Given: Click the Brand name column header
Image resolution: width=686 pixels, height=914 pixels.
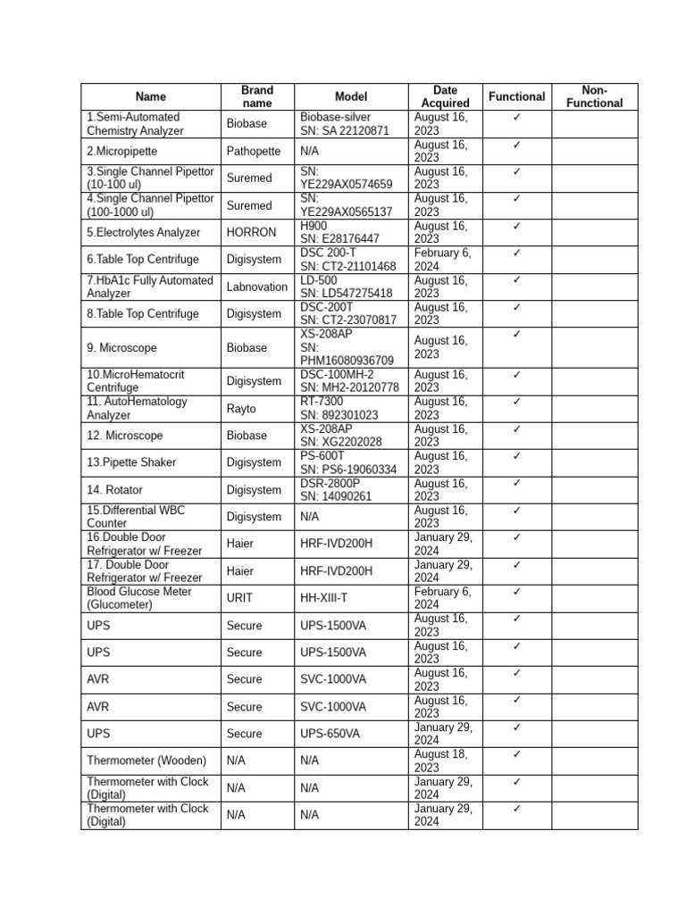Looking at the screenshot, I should (x=257, y=96).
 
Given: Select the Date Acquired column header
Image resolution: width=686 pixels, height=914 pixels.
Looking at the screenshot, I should (x=445, y=96).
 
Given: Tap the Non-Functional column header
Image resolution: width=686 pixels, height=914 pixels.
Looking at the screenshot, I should (x=594, y=96).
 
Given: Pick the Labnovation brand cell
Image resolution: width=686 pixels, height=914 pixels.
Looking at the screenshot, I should (x=257, y=287).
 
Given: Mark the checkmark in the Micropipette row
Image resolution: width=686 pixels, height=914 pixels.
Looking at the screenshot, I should (x=516, y=145).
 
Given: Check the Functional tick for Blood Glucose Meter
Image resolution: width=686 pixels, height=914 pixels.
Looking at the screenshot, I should (x=516, y=592).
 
